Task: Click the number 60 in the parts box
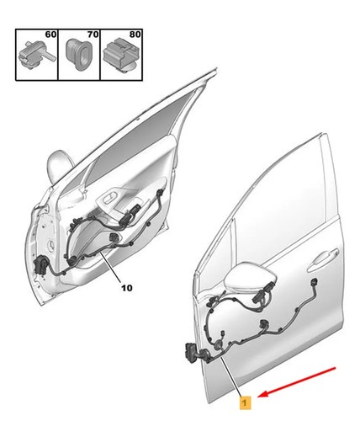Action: point(50,35)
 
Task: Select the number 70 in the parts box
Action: point(93,35)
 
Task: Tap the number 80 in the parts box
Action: point(135,35)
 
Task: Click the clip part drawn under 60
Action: point(36,56)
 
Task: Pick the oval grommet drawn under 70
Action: point(78,55)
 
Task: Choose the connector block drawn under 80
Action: point(122,56)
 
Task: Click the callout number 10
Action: point(127,288)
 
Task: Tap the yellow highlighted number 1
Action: point(245,403)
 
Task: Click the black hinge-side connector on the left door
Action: point(41,264)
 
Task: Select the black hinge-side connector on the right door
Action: point(191,354)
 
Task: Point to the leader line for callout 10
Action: point(111,267)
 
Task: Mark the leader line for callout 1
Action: point(231,377)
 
